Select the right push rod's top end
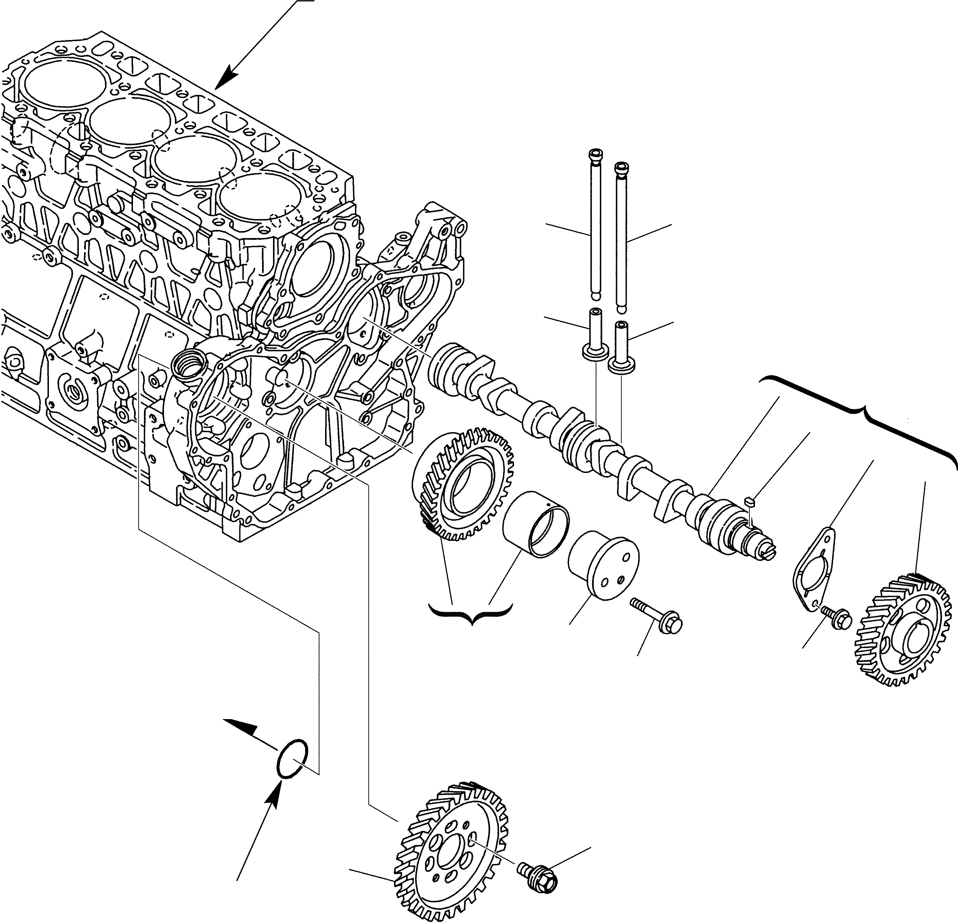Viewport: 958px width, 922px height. click(x=620, y=168)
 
